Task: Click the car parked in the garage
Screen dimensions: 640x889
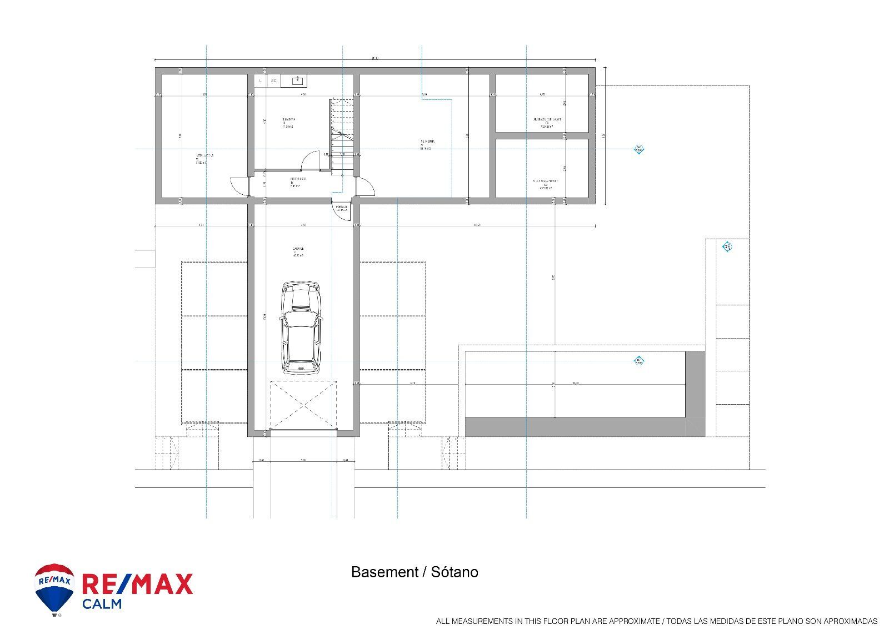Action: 301,327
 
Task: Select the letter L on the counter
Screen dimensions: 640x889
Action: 260,81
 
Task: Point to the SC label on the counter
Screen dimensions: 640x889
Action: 273,81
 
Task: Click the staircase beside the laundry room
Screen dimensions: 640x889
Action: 342,136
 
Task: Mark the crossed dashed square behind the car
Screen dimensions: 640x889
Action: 303,405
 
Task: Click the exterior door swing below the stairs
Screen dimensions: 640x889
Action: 340,209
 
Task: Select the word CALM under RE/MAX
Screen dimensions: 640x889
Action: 102,604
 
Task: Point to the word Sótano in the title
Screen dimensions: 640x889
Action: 455,572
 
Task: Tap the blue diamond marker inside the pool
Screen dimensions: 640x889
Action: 639,362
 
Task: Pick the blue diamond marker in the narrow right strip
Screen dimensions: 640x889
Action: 727,246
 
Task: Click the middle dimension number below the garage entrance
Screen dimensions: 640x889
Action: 303,460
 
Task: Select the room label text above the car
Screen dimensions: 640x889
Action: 299,251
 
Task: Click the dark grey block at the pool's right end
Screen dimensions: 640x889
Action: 695,393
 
